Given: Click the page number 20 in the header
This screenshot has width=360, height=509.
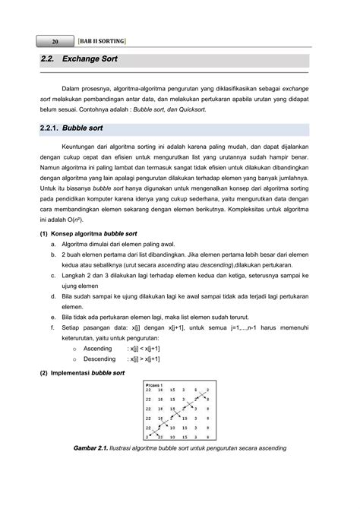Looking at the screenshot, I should tap(55, 40).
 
